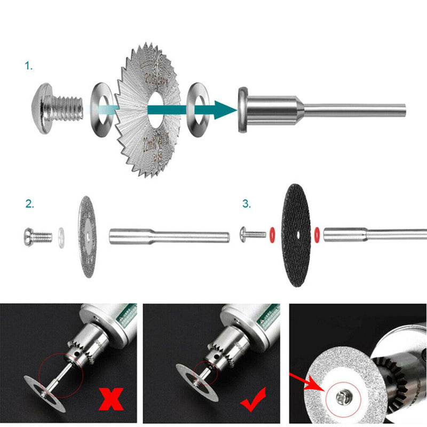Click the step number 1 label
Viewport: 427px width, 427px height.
(29, 66)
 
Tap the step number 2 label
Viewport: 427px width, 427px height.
(30, 204)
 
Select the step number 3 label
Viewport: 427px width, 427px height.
(246, 204)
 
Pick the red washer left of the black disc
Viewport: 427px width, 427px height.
(272, 233)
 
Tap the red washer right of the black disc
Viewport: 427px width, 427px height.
(317, 233)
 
